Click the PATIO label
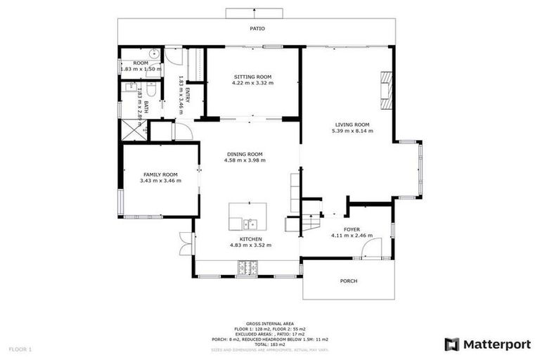point(257,30)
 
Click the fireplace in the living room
point(386,90)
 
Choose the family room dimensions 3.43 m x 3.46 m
point(160,181)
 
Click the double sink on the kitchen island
point(250,224)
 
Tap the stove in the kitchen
point(247,267)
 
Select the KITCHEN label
point(250,239)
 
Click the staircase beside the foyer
point(309,224)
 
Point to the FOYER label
point(352,229)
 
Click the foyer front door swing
point(373,247)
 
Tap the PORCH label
point(349,281)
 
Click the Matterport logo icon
point(452,344)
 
